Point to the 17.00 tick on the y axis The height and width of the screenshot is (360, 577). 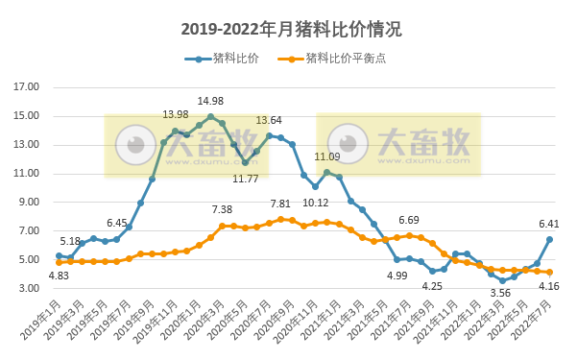(27, 86)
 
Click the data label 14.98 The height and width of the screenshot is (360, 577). (210, 102)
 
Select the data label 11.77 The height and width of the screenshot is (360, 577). (246, 179)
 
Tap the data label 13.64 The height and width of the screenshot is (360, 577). (269, 121)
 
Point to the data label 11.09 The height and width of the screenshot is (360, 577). (327, 156)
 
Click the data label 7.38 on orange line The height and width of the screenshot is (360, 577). (222, 210)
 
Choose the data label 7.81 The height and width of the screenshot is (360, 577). (280, 204)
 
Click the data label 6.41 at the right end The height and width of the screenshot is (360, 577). (549, 225)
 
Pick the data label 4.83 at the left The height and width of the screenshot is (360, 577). (60, 276)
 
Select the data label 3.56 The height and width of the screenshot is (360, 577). (500, 293)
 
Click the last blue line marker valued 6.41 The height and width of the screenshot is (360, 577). (549, 239)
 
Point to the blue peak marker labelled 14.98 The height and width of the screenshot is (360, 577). (210, 116)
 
